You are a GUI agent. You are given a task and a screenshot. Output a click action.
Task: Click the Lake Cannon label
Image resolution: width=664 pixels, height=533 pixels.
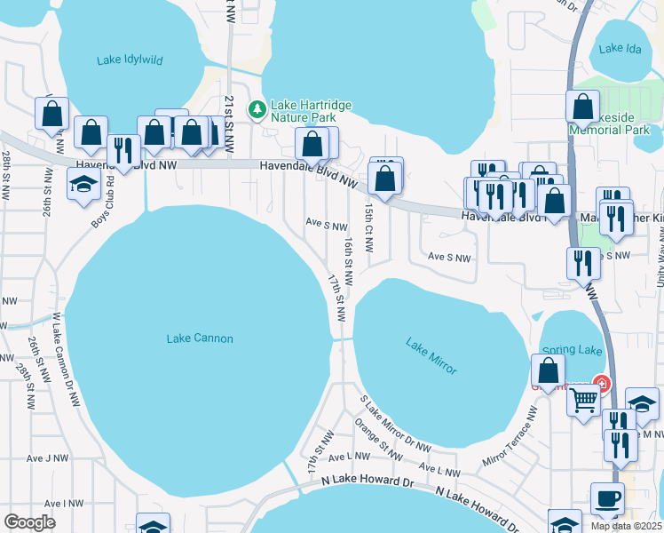coord(200,338)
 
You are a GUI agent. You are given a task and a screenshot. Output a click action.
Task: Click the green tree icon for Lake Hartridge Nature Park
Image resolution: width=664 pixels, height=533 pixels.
coord(257,109)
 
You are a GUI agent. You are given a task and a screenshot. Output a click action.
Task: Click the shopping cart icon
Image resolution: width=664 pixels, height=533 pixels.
coord(583,400)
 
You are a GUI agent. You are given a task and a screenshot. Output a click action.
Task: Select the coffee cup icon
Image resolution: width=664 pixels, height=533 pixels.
coord(608,498)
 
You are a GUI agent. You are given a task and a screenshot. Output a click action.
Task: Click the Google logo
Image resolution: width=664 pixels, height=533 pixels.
coord(30,522)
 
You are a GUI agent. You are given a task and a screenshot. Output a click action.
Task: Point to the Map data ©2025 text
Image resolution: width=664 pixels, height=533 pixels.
coord(626,526)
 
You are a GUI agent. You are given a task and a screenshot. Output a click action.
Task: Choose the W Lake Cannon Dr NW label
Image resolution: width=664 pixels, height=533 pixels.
coord(67,362)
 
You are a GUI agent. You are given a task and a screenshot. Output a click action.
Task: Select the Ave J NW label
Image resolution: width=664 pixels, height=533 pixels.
coord(47,458)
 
